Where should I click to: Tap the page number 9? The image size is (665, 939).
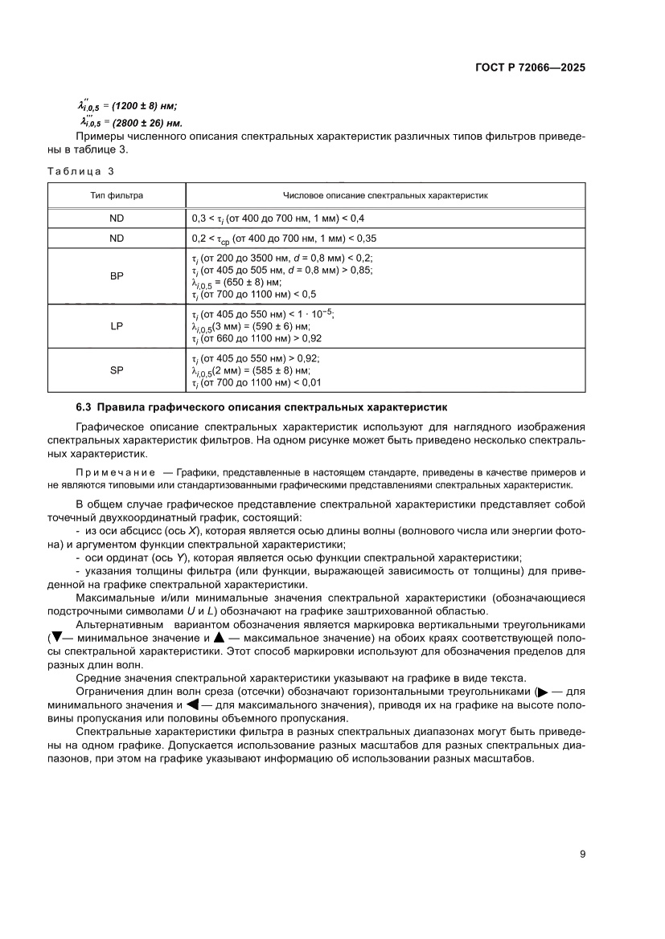582,854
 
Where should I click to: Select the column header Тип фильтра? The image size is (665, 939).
117,195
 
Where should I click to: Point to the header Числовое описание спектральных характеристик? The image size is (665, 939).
385,195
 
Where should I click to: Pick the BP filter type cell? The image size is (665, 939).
117,276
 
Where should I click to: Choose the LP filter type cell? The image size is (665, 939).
117,327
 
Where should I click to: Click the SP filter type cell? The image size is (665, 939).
117,371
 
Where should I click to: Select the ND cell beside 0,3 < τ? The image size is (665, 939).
117,218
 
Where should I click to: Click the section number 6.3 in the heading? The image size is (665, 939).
85,407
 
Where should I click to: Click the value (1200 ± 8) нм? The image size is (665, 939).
144,105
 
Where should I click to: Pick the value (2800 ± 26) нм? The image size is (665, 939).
146,123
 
